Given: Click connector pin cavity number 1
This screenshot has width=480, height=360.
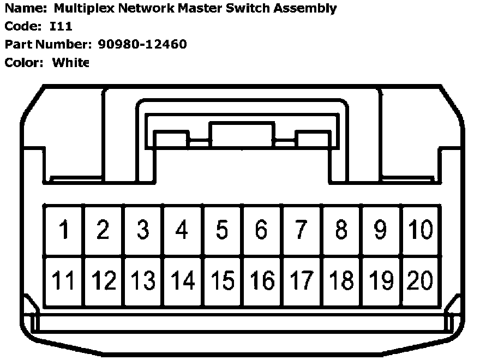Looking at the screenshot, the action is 64,230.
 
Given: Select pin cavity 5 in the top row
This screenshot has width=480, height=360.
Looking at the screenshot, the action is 222,230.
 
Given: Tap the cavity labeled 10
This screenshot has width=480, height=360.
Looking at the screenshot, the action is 420,230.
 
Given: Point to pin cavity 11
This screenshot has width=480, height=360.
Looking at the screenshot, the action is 64,281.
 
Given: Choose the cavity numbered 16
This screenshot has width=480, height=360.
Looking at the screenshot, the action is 262,281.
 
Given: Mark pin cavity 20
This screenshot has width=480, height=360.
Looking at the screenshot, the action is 420,281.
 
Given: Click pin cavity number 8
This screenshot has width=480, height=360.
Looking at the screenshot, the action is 341,230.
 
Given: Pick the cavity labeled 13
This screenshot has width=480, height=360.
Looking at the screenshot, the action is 143,281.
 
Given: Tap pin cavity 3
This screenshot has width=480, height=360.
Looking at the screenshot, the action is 143,230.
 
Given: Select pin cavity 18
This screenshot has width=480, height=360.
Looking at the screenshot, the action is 341,281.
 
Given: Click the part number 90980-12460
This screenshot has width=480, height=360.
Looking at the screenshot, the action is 142,44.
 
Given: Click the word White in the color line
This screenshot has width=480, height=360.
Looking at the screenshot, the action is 70,62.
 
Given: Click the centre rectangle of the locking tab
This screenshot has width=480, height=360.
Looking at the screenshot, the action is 242,135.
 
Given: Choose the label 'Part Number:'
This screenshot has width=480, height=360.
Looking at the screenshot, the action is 49,44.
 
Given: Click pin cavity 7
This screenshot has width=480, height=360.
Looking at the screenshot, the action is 301,230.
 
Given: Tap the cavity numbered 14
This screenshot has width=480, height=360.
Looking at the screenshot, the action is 183,281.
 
